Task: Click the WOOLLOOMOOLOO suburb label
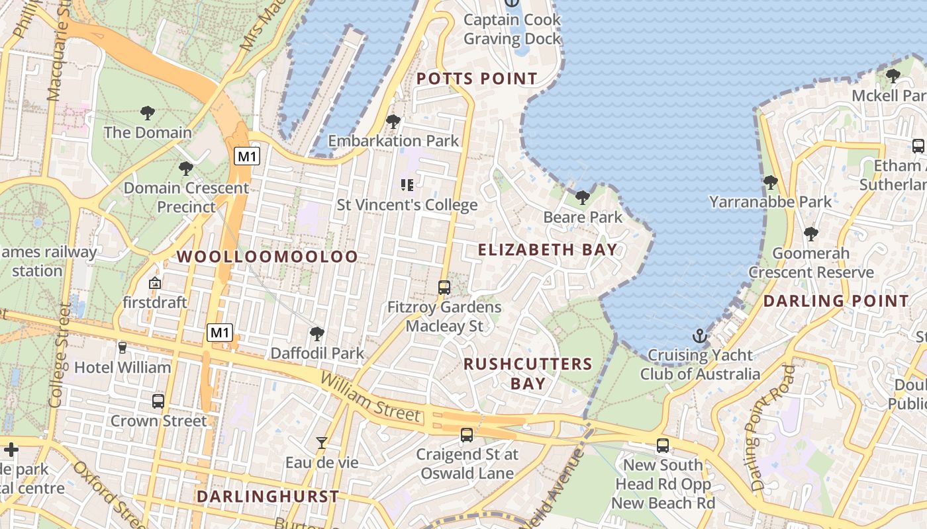(x=267, y=257)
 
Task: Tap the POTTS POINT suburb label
(x=477, y=79)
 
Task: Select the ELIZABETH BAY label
(x=548, y=250)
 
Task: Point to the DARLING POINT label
(x=836, y=301)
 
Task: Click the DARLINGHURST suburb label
(x=268, y=496)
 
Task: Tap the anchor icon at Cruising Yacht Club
(x=700, y=337)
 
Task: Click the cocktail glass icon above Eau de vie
(x=322, y=443)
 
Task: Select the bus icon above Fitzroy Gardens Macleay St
(x=444, y=288)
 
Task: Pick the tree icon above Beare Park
(x=583, y=197)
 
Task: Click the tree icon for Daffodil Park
(x=317, y=334)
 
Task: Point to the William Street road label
(x=371, y=396)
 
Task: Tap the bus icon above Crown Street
(x=158, y=401)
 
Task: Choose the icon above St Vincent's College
(x=407, y=185)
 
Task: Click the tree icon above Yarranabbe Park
(x=770, y=182)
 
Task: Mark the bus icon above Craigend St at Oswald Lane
(x=467, y=434)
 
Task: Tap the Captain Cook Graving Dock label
(x=512, y=29)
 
